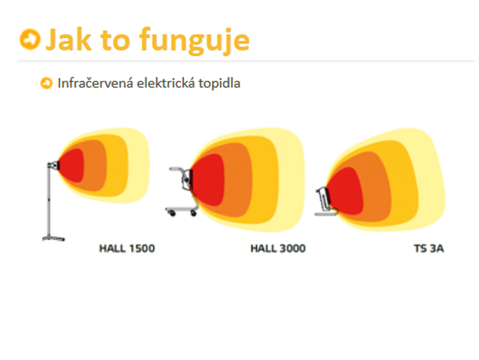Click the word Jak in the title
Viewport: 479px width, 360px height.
68,40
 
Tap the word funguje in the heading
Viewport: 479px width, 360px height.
194,41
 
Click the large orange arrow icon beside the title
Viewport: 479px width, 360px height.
29,39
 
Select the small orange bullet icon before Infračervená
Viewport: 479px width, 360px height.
47,83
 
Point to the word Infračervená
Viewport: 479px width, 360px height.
95,83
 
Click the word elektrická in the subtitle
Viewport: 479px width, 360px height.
166,83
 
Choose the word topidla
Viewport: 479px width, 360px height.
220,83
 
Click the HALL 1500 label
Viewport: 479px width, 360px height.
127,248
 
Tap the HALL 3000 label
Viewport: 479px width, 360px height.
278,248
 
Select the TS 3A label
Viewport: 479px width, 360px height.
429,248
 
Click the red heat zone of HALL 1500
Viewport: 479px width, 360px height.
72,166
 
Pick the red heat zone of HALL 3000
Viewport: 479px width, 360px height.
209,180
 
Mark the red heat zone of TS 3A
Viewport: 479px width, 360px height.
346,192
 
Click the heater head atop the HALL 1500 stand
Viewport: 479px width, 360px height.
53,166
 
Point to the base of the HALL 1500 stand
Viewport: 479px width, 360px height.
53,238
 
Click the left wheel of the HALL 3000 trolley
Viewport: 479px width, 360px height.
172,213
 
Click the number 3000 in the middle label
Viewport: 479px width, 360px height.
293,248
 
